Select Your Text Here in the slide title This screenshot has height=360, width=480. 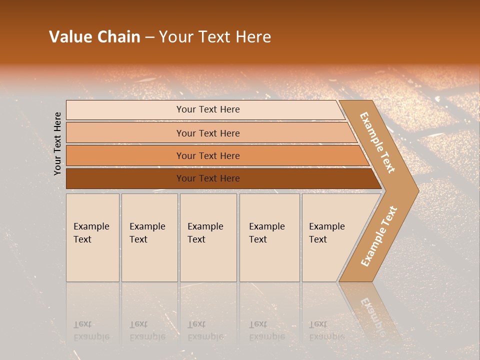click(x=215, y=37)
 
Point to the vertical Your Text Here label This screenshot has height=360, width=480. click(x=57, y=143)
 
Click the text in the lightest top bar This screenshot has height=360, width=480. click(x=208, y=109)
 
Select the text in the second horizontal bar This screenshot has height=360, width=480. click(x=208, y=133)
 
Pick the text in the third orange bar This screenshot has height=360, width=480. click(x=208, y=156)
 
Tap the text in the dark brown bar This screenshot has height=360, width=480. click(x=208, y=178)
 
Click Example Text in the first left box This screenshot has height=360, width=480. click(x=91, y=233)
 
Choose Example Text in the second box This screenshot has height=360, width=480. click(x=147, y=233)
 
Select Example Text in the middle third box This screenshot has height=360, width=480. click(x=205, y=233)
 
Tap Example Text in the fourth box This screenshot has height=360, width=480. click(x=266, y=233)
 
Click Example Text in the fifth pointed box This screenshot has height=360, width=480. click(x=326, y=233)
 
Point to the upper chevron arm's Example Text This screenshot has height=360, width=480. click(x=377, y=142)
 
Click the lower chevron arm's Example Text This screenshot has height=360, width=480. click(x=379, y=236)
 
